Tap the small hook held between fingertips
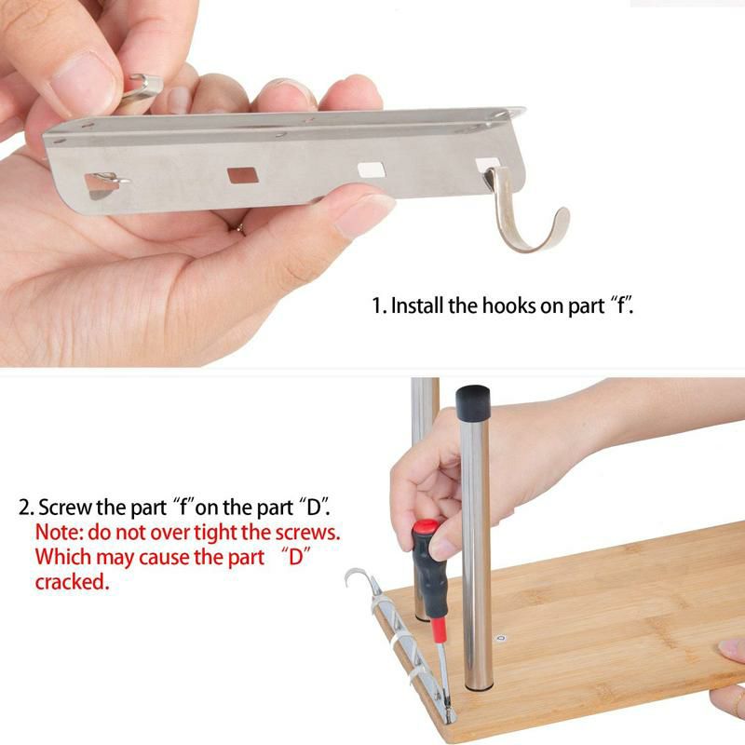coord(142,88)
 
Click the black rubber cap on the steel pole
coord(473,402)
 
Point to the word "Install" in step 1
coord(417,305)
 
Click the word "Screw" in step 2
coord(65,508)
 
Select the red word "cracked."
coord(73,581)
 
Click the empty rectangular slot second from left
coord(243,175)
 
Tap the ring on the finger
coord(241,229)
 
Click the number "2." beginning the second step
coord(27,508)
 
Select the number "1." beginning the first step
coord(379,305)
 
